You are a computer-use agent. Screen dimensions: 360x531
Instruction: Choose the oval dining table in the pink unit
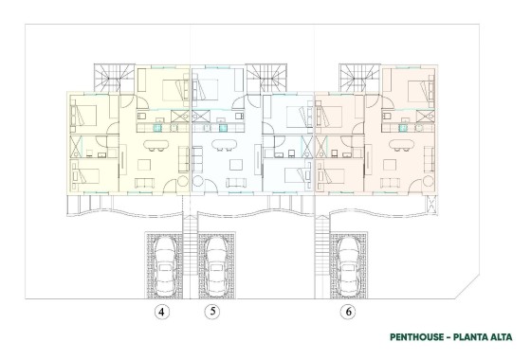(391, 145)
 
